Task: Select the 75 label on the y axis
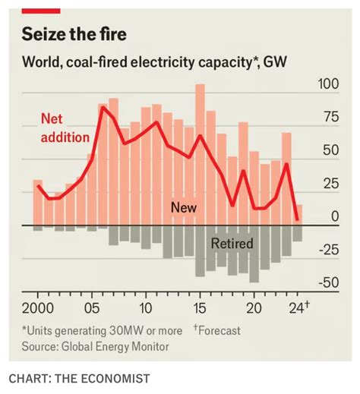pyautogui.click(x=330, y=117)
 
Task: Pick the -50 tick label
pyautogui.click(x=327, y=282)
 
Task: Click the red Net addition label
pyautogui.click(x=64, y=128)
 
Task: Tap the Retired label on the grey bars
pyautogui.click(x=232, y=244)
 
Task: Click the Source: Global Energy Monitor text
pyautogui.click(x=95, y=346)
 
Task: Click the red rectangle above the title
pyautogui.click(x=41, y=10)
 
